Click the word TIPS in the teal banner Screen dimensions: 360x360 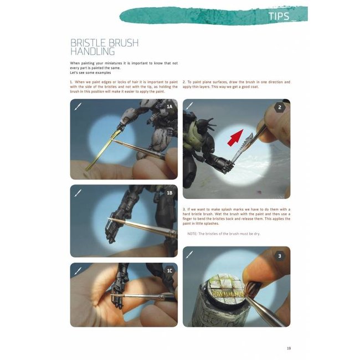[x=279, y=16]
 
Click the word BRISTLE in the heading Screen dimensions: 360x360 [x=89, y=43]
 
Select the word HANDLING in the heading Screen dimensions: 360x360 [x=92, y=52]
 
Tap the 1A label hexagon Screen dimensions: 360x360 [x=169, y=106]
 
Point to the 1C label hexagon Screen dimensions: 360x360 [x=169, y=270]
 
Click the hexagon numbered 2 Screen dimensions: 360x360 [x=280, y=107]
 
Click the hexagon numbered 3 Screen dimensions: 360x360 [x=280, y=255]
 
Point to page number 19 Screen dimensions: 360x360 [x=289, y=348]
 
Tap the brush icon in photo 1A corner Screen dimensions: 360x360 [x=78, y=106]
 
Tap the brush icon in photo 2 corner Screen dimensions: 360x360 [x=190, y=106]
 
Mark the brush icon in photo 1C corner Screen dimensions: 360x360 [x=78, y=270]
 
